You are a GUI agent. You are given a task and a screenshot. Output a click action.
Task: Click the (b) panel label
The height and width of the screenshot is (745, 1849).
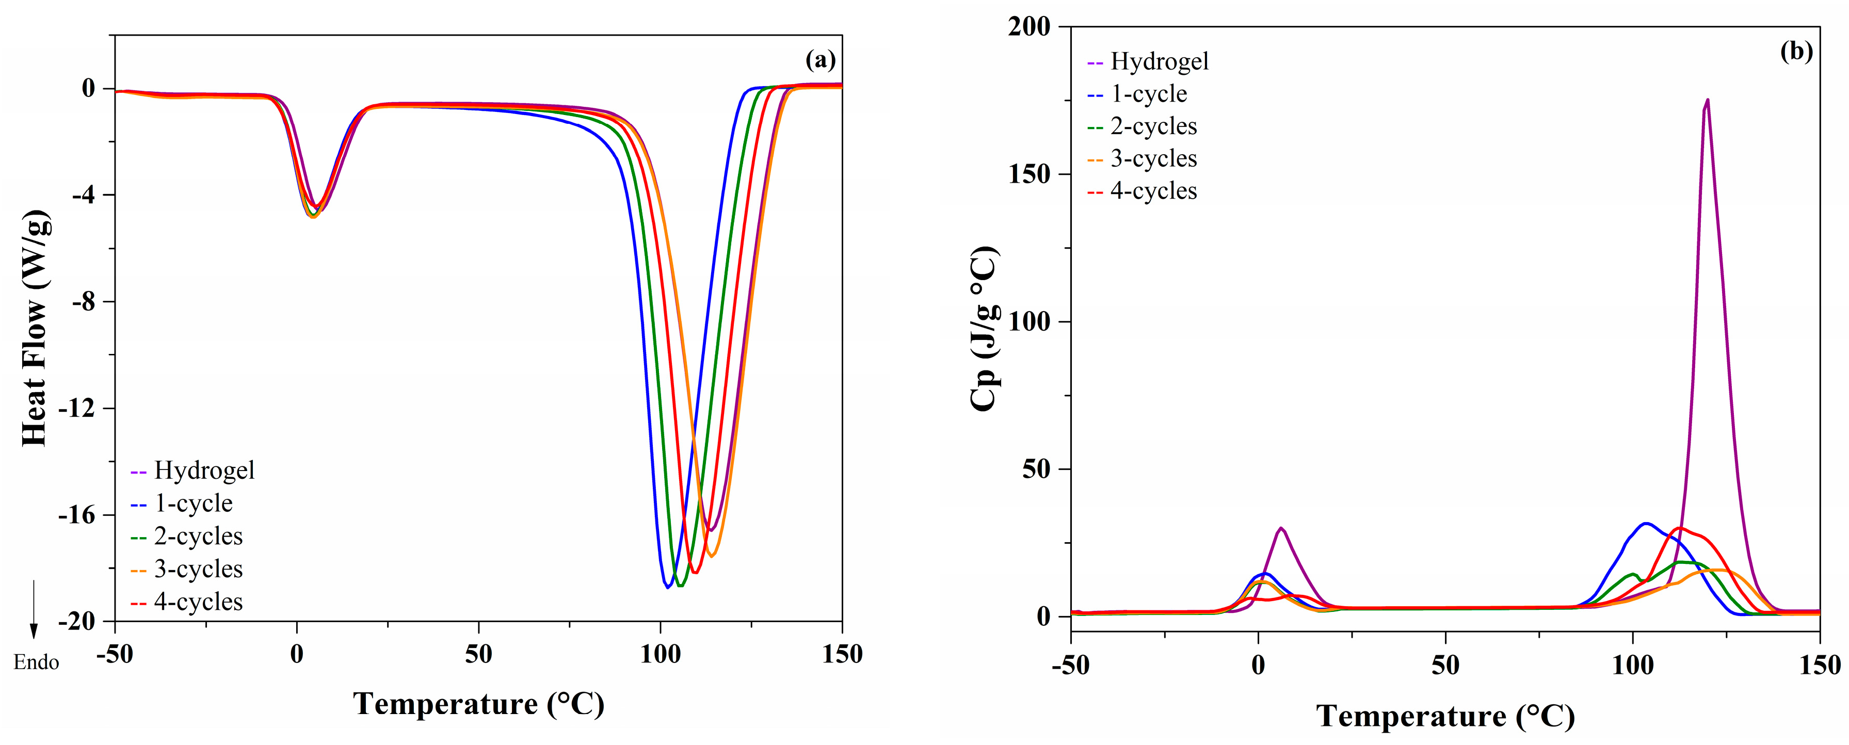tap(1796, 51)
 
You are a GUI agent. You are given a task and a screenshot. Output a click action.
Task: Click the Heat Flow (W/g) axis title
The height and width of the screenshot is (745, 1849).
tap(35, 329)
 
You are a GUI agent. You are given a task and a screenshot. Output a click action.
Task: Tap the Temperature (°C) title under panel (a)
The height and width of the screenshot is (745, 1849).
tap(479, 704)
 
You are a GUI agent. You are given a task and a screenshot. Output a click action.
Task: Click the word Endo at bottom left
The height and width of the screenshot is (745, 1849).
tap(36, 662)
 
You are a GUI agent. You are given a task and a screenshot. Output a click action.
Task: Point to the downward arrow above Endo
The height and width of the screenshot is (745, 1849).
tap(33, 610)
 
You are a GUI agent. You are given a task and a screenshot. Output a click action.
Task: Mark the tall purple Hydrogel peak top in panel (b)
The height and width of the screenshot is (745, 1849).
tap(1707, 101)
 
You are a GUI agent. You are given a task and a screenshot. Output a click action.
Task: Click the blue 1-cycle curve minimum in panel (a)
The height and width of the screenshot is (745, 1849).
tap(668, 587)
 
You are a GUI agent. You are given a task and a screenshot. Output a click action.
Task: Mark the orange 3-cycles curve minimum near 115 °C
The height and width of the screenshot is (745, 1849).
tap(711, 556)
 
